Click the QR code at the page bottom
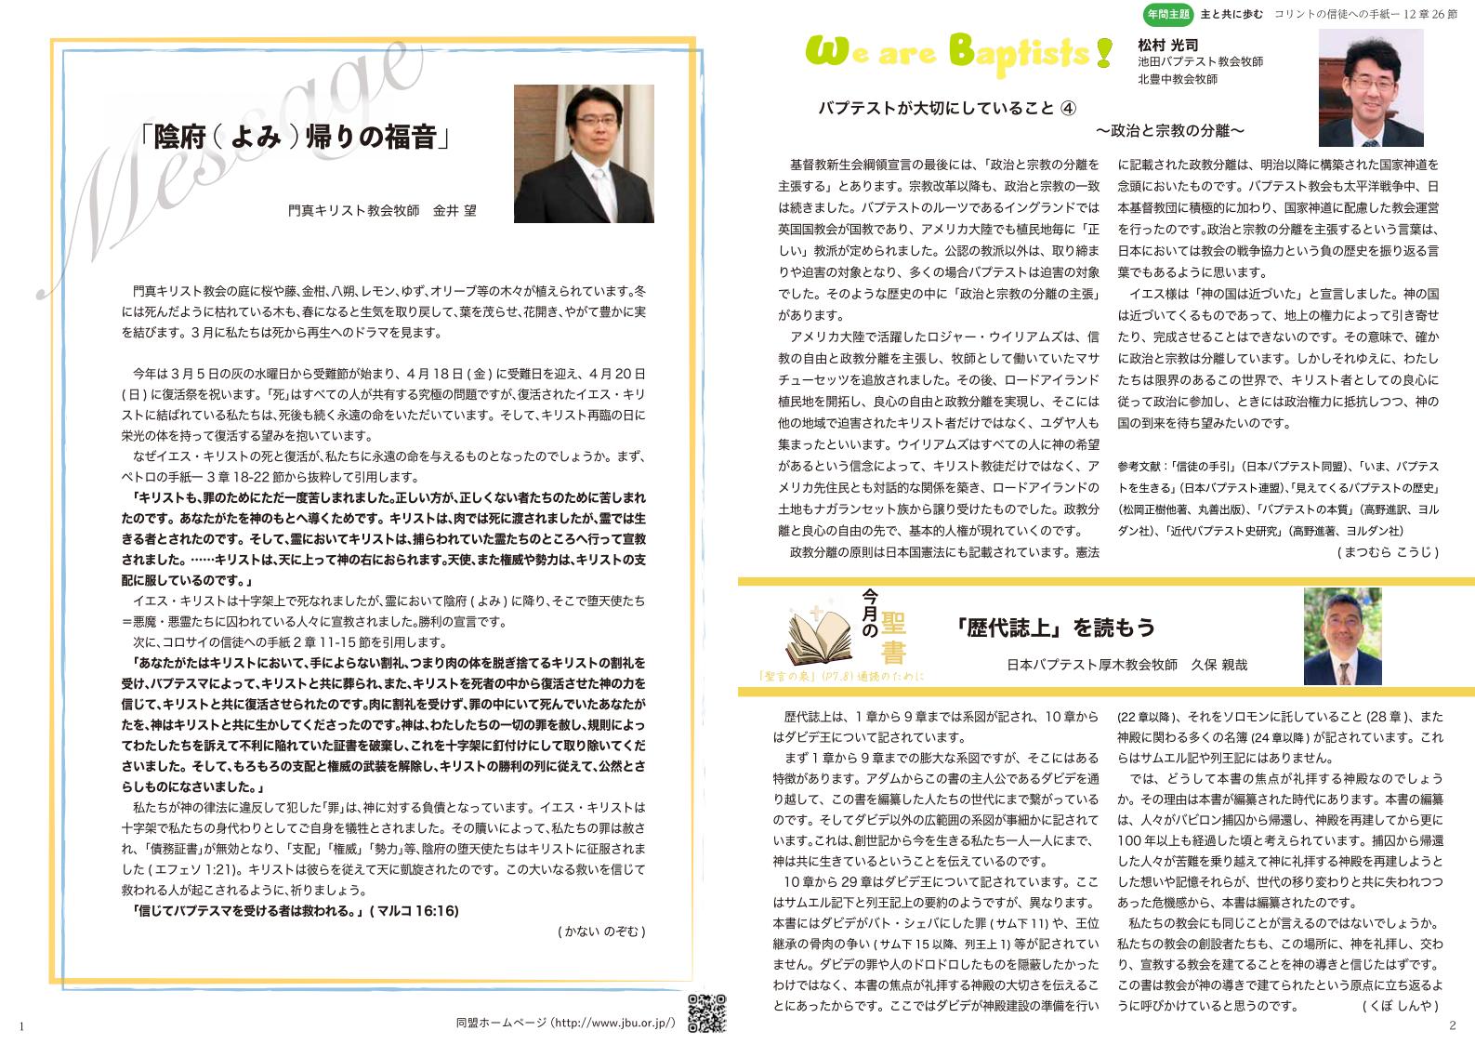pos(705,1012)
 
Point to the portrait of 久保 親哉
pos(1342,636)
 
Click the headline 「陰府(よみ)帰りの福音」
pos(296,139)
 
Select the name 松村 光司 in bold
pos(1167,45)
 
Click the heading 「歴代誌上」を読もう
pos(1054,628)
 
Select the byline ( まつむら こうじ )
pos(1388,551)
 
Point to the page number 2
pos(1452,1025)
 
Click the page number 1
pos(20,1025)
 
